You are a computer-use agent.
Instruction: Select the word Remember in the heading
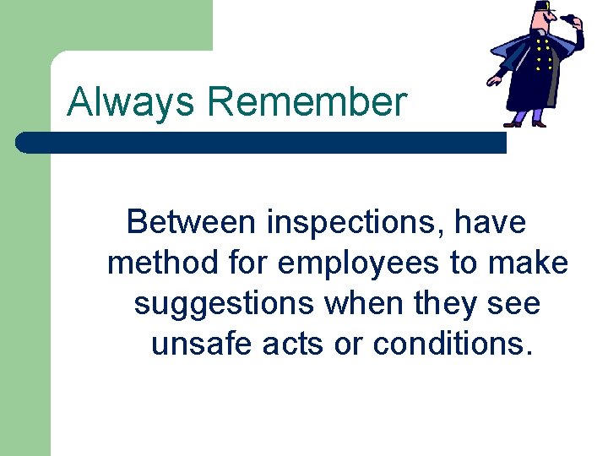306,103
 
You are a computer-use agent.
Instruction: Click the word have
490,223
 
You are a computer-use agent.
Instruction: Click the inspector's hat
543,8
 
